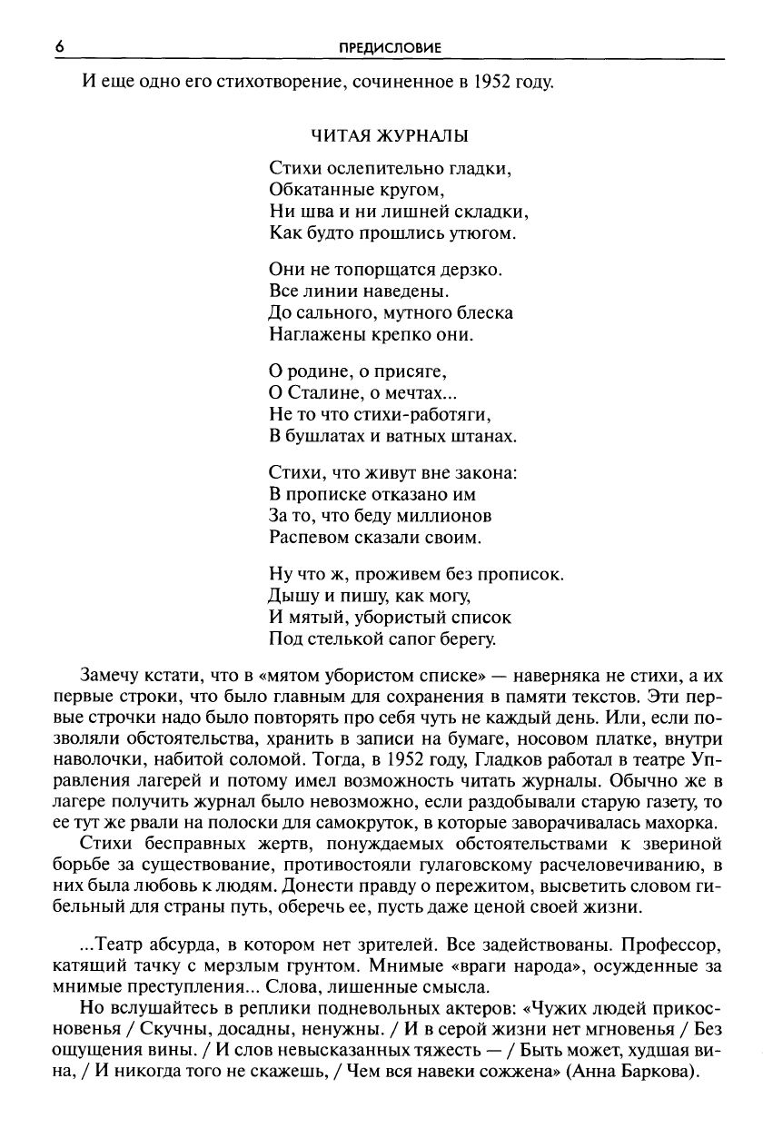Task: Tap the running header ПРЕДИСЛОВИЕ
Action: coord(390,47)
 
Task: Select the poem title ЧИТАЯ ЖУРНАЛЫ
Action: coord(391,136)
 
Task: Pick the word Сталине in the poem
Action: coord(323,392)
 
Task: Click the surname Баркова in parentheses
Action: coord(656,1073)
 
